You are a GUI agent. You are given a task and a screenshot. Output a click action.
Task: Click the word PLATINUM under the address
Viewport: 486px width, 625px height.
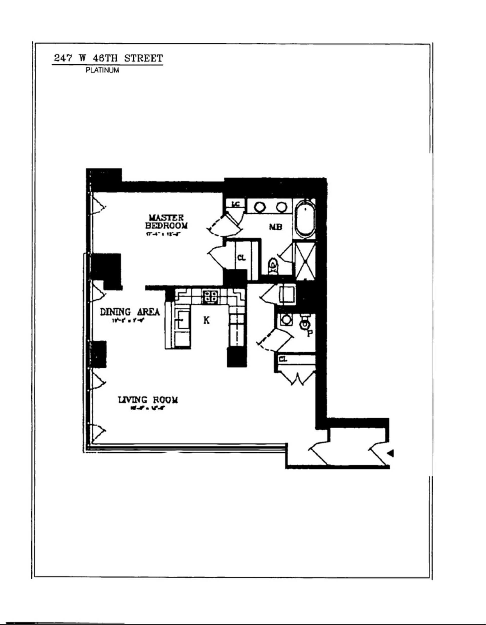[x=102, y=70]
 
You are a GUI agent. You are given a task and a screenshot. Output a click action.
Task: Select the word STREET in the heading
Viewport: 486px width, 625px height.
[x=144, y=58]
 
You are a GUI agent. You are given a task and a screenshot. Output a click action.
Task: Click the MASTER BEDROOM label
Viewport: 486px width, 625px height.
[x=167, y=222]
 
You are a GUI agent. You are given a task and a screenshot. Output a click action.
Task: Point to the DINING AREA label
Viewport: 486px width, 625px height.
[x=130, y=312]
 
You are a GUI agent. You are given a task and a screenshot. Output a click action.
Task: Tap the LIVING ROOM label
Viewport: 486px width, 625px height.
[x=148, y=399]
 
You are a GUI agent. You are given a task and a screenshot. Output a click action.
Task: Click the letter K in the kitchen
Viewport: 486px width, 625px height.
[x=206, y=321]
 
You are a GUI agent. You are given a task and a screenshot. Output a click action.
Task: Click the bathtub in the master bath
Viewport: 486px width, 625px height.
[x=306, y=219]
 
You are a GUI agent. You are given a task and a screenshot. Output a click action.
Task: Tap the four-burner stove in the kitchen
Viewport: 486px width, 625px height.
[x=211, y=296]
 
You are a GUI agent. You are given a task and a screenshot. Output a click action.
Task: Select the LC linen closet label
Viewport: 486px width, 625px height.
[x=235, y=204]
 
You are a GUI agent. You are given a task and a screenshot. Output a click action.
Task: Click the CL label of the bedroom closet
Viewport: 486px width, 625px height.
[x=241, y=258]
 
